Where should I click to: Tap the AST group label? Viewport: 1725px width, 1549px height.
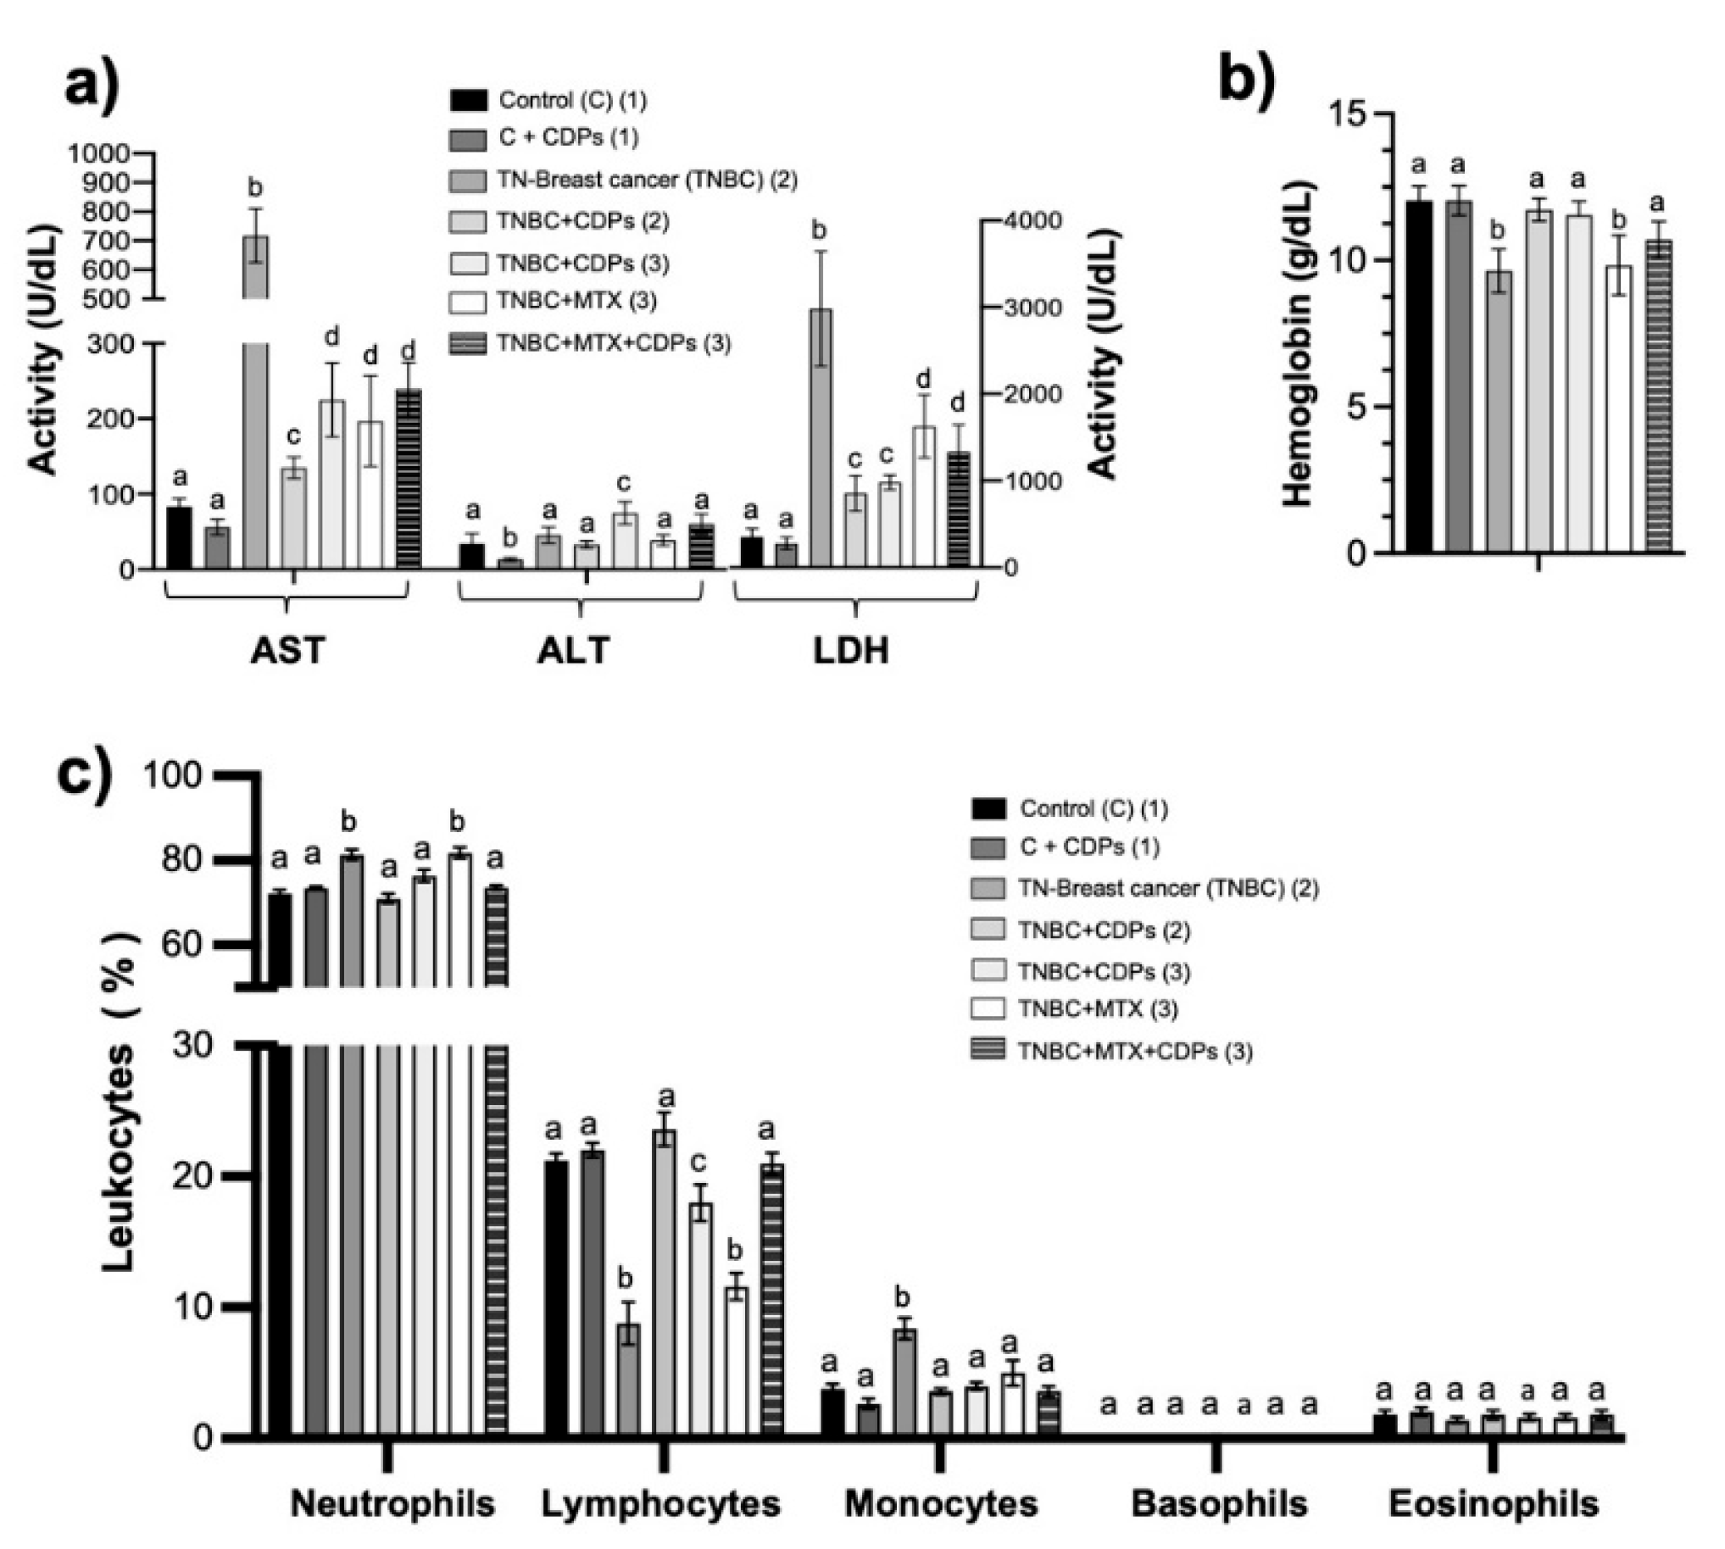pyautogui.click(x=288, y=651)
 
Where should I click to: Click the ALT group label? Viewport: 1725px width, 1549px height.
pyautogui.click(x=573, y=651)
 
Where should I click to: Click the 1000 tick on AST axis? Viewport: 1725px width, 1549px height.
pyautogui.click(x=98, y=154)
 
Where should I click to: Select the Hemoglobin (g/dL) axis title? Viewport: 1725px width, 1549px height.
pyautogui.click(x=1298, y=345)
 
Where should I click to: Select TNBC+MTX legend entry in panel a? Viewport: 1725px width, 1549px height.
pyautogui.click(x=576, y=302)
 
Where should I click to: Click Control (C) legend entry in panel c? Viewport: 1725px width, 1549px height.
pyautogui.click(x=1093, y=808)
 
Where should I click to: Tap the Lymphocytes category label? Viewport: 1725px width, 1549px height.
pyautogui.click(x=660, y=1504)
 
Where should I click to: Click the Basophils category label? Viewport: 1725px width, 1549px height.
pyautogui.click(x=1218, y=1504)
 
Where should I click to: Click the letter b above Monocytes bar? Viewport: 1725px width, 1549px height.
pyautogui.click(x=903, y=1297)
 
